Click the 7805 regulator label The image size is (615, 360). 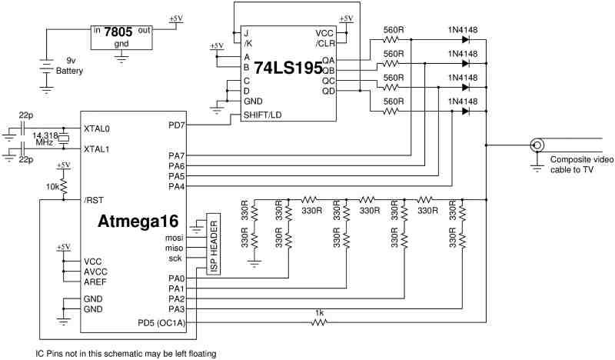(x=118, y=32)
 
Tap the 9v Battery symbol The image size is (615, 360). (x=46, y=66)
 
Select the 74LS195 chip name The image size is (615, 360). (x=288, y=68)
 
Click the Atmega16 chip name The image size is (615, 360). (x=138, y=221)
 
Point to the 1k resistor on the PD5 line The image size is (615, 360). (x=319, y=322)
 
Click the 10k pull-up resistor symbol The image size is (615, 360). (x=64, y=186)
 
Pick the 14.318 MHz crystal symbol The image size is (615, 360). (x=64, y=138)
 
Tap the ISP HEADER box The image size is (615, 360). (x=214, y=244)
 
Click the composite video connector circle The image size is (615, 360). (x=537, y=145)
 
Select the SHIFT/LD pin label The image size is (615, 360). (x=262, y=115)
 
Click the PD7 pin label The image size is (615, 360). (x=177, y=125)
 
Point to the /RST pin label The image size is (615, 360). (x=94, y=200)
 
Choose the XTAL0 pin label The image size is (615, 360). (x=97, y=128)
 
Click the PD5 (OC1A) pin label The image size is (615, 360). (x=161, y=323)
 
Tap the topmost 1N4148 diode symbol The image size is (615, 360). (x=466, y=39)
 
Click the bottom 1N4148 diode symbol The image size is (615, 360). (x=466, y=111)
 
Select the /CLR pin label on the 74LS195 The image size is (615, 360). (x=325, y=43)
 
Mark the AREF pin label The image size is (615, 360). (x=95, y=282)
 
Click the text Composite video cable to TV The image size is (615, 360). (x=582, y=165)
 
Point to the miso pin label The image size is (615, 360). (x=175, y=248)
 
